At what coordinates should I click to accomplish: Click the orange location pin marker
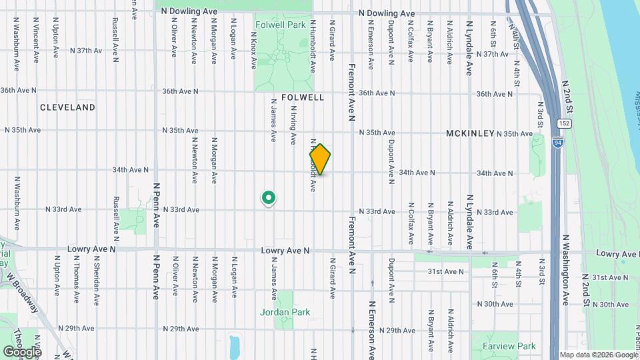pos(320,159)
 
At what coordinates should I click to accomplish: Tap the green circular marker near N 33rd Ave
pos(269,197)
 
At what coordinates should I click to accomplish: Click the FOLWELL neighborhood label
pos(303,97)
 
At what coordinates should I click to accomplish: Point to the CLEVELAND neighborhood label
pos(67,107)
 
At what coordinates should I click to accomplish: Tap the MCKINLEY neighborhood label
pos(470,133)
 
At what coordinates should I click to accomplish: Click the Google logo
pos(22,351)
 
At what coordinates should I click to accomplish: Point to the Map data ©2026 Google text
pos(598,355)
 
